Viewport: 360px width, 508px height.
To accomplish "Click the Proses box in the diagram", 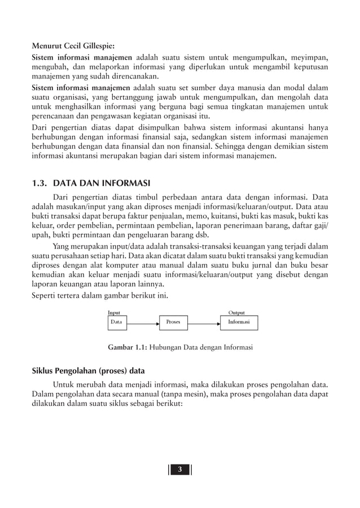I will tap(173, 322).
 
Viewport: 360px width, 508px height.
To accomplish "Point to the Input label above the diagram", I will tap(114, 312).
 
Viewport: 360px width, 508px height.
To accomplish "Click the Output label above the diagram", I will tap(236, 312).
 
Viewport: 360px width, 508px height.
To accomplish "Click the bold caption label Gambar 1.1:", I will tap(127, 346).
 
